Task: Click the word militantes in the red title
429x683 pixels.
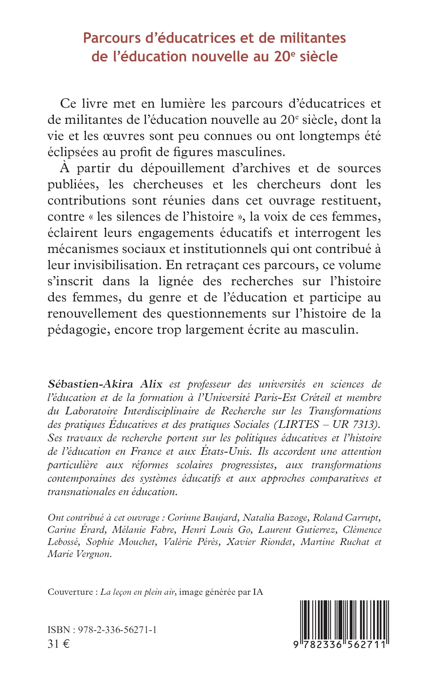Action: (313, 38)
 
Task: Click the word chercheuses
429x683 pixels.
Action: (168, 185)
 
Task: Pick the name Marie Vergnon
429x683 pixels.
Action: (79, 554)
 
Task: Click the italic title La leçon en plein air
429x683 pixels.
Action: (137, 592)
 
